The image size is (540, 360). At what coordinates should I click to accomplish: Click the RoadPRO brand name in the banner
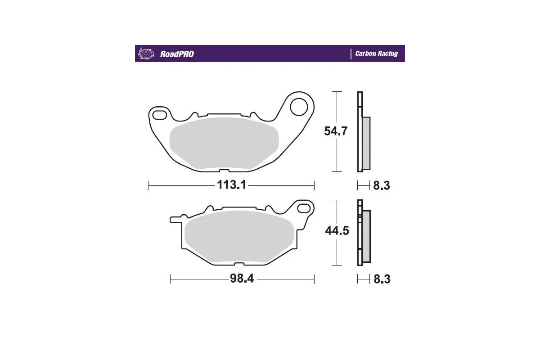[x=177, y=54]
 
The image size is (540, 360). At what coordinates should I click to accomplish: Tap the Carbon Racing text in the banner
[x=376, y=54]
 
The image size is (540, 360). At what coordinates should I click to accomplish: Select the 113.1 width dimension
[x=231, y=185]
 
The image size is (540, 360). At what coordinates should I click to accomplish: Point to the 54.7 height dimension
[x=336, y=131]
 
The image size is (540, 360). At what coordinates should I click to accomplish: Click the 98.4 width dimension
[x=242, y=279]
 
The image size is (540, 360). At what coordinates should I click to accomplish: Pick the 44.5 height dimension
[x=337, y=231]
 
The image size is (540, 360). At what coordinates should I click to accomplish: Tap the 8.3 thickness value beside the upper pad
[x=381, y=185]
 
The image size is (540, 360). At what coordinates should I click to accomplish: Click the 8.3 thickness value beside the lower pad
[x=382, y=279]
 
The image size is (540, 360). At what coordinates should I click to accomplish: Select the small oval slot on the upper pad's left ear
[x=159, y=116]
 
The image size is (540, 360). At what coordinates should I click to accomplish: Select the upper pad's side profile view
[x=364, y=131]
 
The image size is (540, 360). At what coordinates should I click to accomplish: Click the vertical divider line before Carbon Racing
[x=351, y=54]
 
